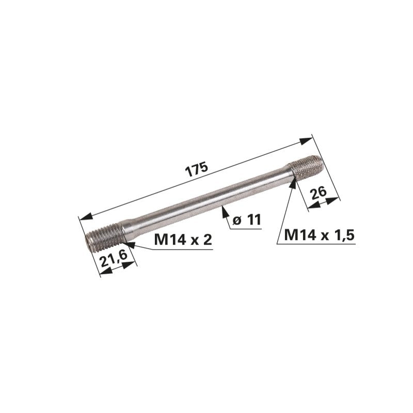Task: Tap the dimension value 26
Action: point(318,195)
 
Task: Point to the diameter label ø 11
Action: point(247,220)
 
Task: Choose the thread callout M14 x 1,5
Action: point(320,235)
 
